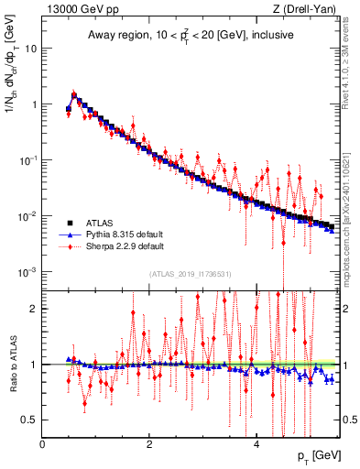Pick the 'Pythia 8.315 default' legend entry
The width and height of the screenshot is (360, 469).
(129, 234)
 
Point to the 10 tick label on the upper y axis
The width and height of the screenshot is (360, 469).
(31, 49)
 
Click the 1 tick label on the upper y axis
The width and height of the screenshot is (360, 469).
(34, 104)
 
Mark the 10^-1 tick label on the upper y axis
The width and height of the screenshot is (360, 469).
(29, 159)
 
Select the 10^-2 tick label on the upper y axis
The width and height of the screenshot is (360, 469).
(29, 216)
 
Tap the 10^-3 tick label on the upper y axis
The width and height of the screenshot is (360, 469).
(29, 272)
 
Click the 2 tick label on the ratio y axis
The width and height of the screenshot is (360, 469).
(34, 309)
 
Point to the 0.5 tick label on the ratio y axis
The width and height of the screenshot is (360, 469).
(30, 420)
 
